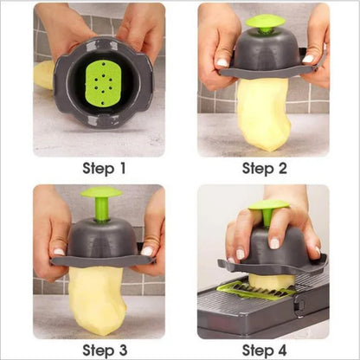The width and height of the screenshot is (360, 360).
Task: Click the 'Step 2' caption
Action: (x=265, y=168)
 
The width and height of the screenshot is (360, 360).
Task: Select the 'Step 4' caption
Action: (x=265, y=350)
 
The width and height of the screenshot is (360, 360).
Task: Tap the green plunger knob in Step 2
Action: (x=264, y=23)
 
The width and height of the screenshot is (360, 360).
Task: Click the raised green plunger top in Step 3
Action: (x=102, y=194)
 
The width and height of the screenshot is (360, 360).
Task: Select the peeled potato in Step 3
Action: (x=97, y=299)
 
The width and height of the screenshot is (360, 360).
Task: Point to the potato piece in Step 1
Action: (x=44, y=75)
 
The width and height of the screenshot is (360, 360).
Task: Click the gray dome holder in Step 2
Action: (x=264, y=54)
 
